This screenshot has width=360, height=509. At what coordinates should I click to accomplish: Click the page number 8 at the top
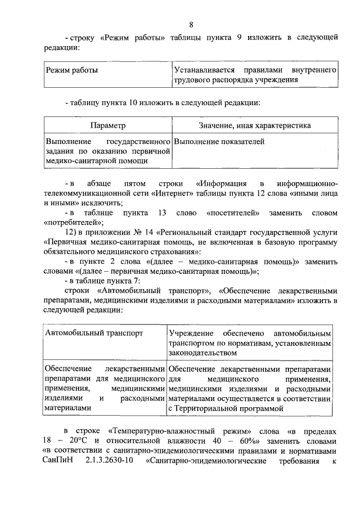coord(191,25)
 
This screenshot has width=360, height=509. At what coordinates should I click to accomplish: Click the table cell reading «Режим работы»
coord(72,71)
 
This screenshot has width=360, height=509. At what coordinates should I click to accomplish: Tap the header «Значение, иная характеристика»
coord(254,125)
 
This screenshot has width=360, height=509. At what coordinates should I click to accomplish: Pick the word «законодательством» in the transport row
coord(200,352)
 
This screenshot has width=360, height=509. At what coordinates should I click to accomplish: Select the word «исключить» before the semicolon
coord(87,203)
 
